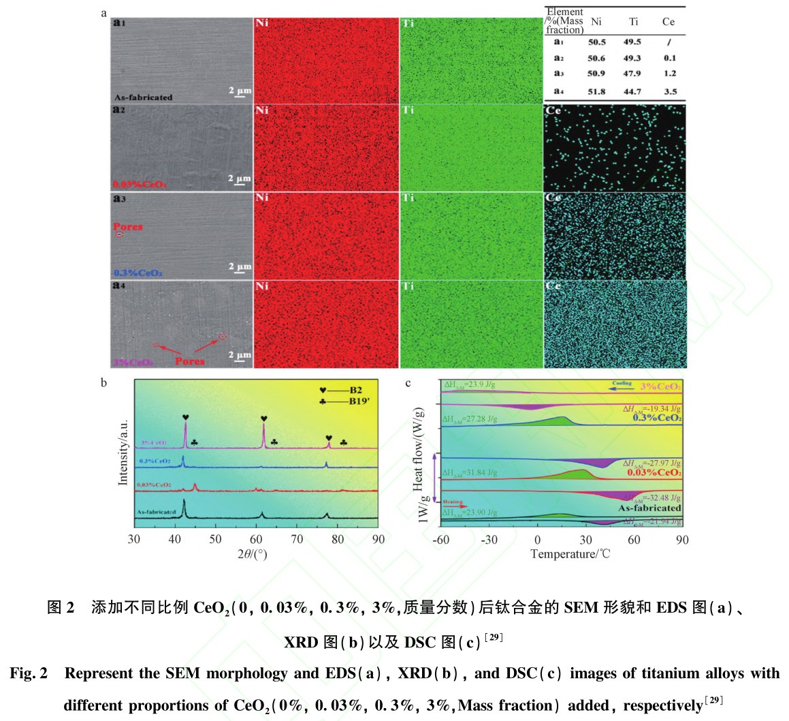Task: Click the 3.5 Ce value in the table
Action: (670, 91)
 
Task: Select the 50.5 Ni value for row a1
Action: (596, 42)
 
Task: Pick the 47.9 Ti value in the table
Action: (632, 74)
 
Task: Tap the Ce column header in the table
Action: (668, 22)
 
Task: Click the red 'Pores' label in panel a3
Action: (128, 226)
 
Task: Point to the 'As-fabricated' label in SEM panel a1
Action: (144, 97)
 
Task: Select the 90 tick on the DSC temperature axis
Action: (682, 540)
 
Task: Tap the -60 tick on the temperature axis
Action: (441, 540)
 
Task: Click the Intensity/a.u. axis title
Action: (123, 448)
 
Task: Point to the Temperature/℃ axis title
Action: (570, 554)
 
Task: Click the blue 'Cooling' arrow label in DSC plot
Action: (622, 384)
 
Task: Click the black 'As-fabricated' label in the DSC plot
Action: (649, 508)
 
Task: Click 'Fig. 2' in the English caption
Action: (28, 673)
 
